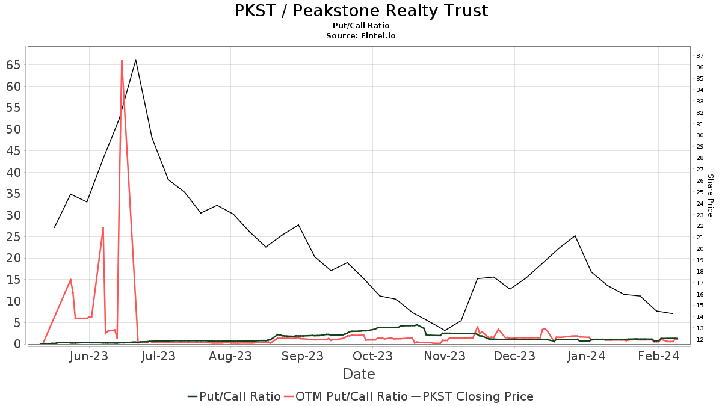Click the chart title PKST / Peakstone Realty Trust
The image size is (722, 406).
click(360, 11)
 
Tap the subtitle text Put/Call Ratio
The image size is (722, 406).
click(360, 26)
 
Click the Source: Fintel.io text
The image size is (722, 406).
click(360, 36)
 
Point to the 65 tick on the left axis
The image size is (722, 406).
click(14, 65)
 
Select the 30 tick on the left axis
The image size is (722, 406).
click(14, 215)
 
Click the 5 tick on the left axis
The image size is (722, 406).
click(17, 323)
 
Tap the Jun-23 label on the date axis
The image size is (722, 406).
click(89, 357)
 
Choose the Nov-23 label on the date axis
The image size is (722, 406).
click(445, 357)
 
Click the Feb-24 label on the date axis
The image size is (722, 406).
click(659, 357)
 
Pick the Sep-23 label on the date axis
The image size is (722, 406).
click(302, 357)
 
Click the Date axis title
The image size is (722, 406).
click(359, 374)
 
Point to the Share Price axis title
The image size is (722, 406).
click(710, 195)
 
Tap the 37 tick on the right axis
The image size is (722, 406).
click(700, 56)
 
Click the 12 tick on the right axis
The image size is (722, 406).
click(700, 340)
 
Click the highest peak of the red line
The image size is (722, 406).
click(122, 60)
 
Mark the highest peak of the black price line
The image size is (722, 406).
click(136, 60)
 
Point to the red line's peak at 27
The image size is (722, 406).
click(103, 228)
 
